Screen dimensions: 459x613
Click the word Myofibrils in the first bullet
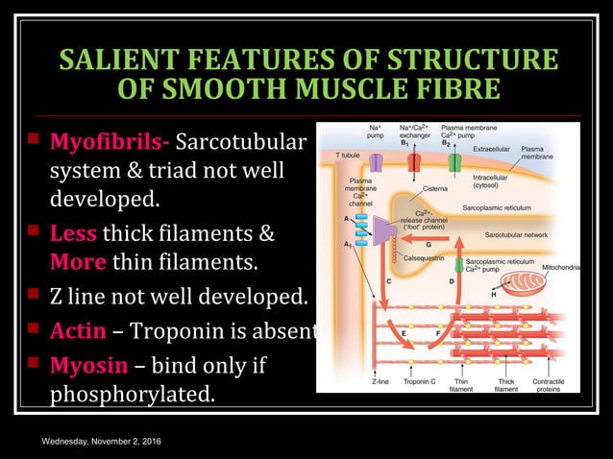[x=109, y=145]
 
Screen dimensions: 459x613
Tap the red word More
[x=78, y=261]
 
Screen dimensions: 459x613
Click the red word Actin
[x=77, y=332]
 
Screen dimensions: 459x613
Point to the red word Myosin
[x=85, y=366]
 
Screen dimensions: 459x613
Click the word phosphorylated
[x=133, y=395]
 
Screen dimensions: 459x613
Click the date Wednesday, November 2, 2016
[x=101, y=441]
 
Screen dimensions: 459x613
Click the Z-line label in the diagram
[x=380, y=382]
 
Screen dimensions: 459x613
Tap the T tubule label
[x=347, y=155]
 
